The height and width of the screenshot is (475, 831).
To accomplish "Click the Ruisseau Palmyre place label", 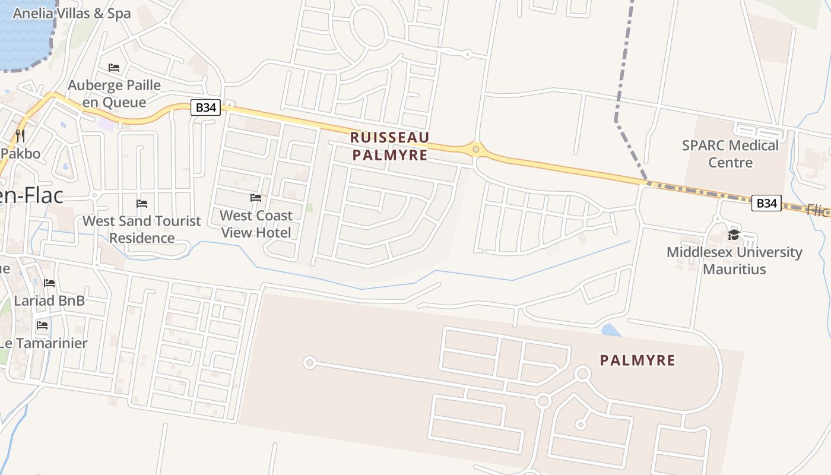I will click(389, 146).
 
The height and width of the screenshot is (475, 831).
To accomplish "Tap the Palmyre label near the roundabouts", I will click(637, 360).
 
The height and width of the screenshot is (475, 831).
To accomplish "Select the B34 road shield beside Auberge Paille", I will click(206, 107).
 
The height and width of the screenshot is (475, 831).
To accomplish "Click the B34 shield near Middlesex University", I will click(766, 203).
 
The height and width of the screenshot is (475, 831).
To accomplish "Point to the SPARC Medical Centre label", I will click(730, 154).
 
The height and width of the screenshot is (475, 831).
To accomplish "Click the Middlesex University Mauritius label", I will click(734, 261).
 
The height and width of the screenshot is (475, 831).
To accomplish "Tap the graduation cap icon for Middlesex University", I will click(734, 235).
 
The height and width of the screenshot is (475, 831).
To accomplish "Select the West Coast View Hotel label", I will click(256, 224).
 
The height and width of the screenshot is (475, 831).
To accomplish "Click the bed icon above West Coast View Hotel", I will click(256, 197).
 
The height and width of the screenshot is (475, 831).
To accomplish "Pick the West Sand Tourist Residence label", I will click(142, 229).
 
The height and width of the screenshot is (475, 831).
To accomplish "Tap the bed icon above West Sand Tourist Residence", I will click(142, 204).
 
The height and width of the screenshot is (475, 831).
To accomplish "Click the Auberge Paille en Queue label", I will click(115, 94).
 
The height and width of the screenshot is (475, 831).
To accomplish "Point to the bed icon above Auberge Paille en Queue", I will click(114, 68).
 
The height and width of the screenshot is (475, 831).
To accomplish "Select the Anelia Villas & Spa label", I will click(71, 14).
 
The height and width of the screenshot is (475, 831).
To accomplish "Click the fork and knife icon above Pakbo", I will click(20, 135).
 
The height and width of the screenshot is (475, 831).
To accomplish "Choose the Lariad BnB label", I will click(49, 300).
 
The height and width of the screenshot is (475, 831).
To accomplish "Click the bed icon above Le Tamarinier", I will click(42, 325).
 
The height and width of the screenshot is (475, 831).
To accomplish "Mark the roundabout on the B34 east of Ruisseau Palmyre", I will click(475, 149).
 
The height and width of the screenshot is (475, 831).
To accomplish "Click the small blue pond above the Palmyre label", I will click(611, 330).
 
